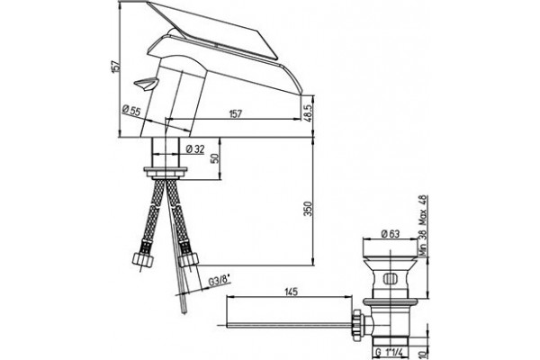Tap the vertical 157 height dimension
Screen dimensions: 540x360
(x=116, y=66)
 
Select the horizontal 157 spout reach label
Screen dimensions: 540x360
(x=236, y=113)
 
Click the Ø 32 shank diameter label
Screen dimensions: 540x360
(x=195, y=149)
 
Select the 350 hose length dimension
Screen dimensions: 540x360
(x=308, y=209)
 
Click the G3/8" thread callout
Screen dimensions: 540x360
(x=220, y=281)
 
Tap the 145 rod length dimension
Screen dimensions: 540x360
(x=291, y=292)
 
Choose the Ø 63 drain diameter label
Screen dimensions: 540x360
(x=391, y=234)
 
